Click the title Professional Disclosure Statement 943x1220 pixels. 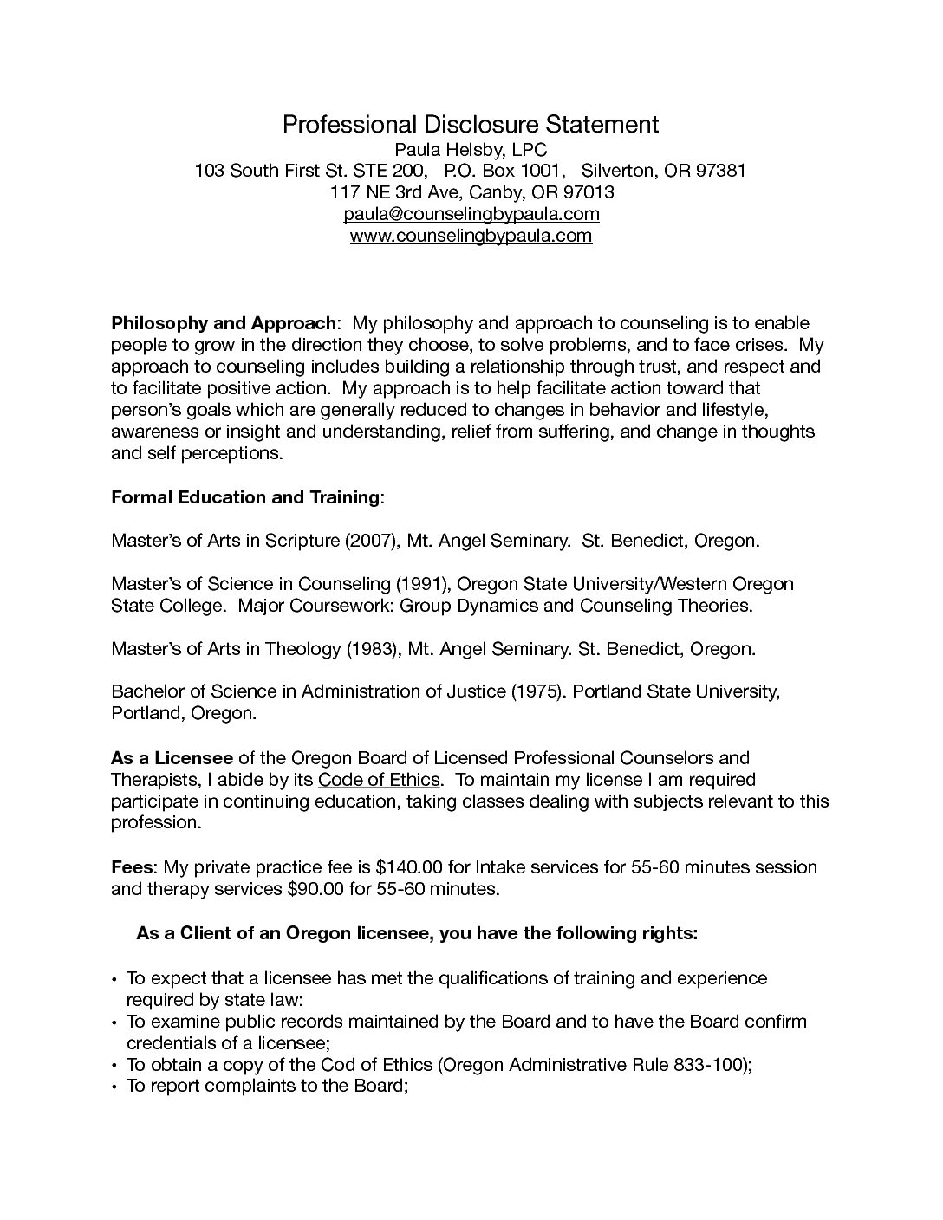click(471, 125)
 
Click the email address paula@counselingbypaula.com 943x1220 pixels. click(471, 213)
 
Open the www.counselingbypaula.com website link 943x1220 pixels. click(471, 235)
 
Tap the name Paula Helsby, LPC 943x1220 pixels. click(471, 149)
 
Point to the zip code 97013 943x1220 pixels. click(589, 191)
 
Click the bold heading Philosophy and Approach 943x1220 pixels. click(224, 323)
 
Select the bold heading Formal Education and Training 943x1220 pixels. click(245, 497)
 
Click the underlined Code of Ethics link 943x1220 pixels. click(379, 779)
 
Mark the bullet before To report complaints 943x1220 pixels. click(115, 1087)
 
